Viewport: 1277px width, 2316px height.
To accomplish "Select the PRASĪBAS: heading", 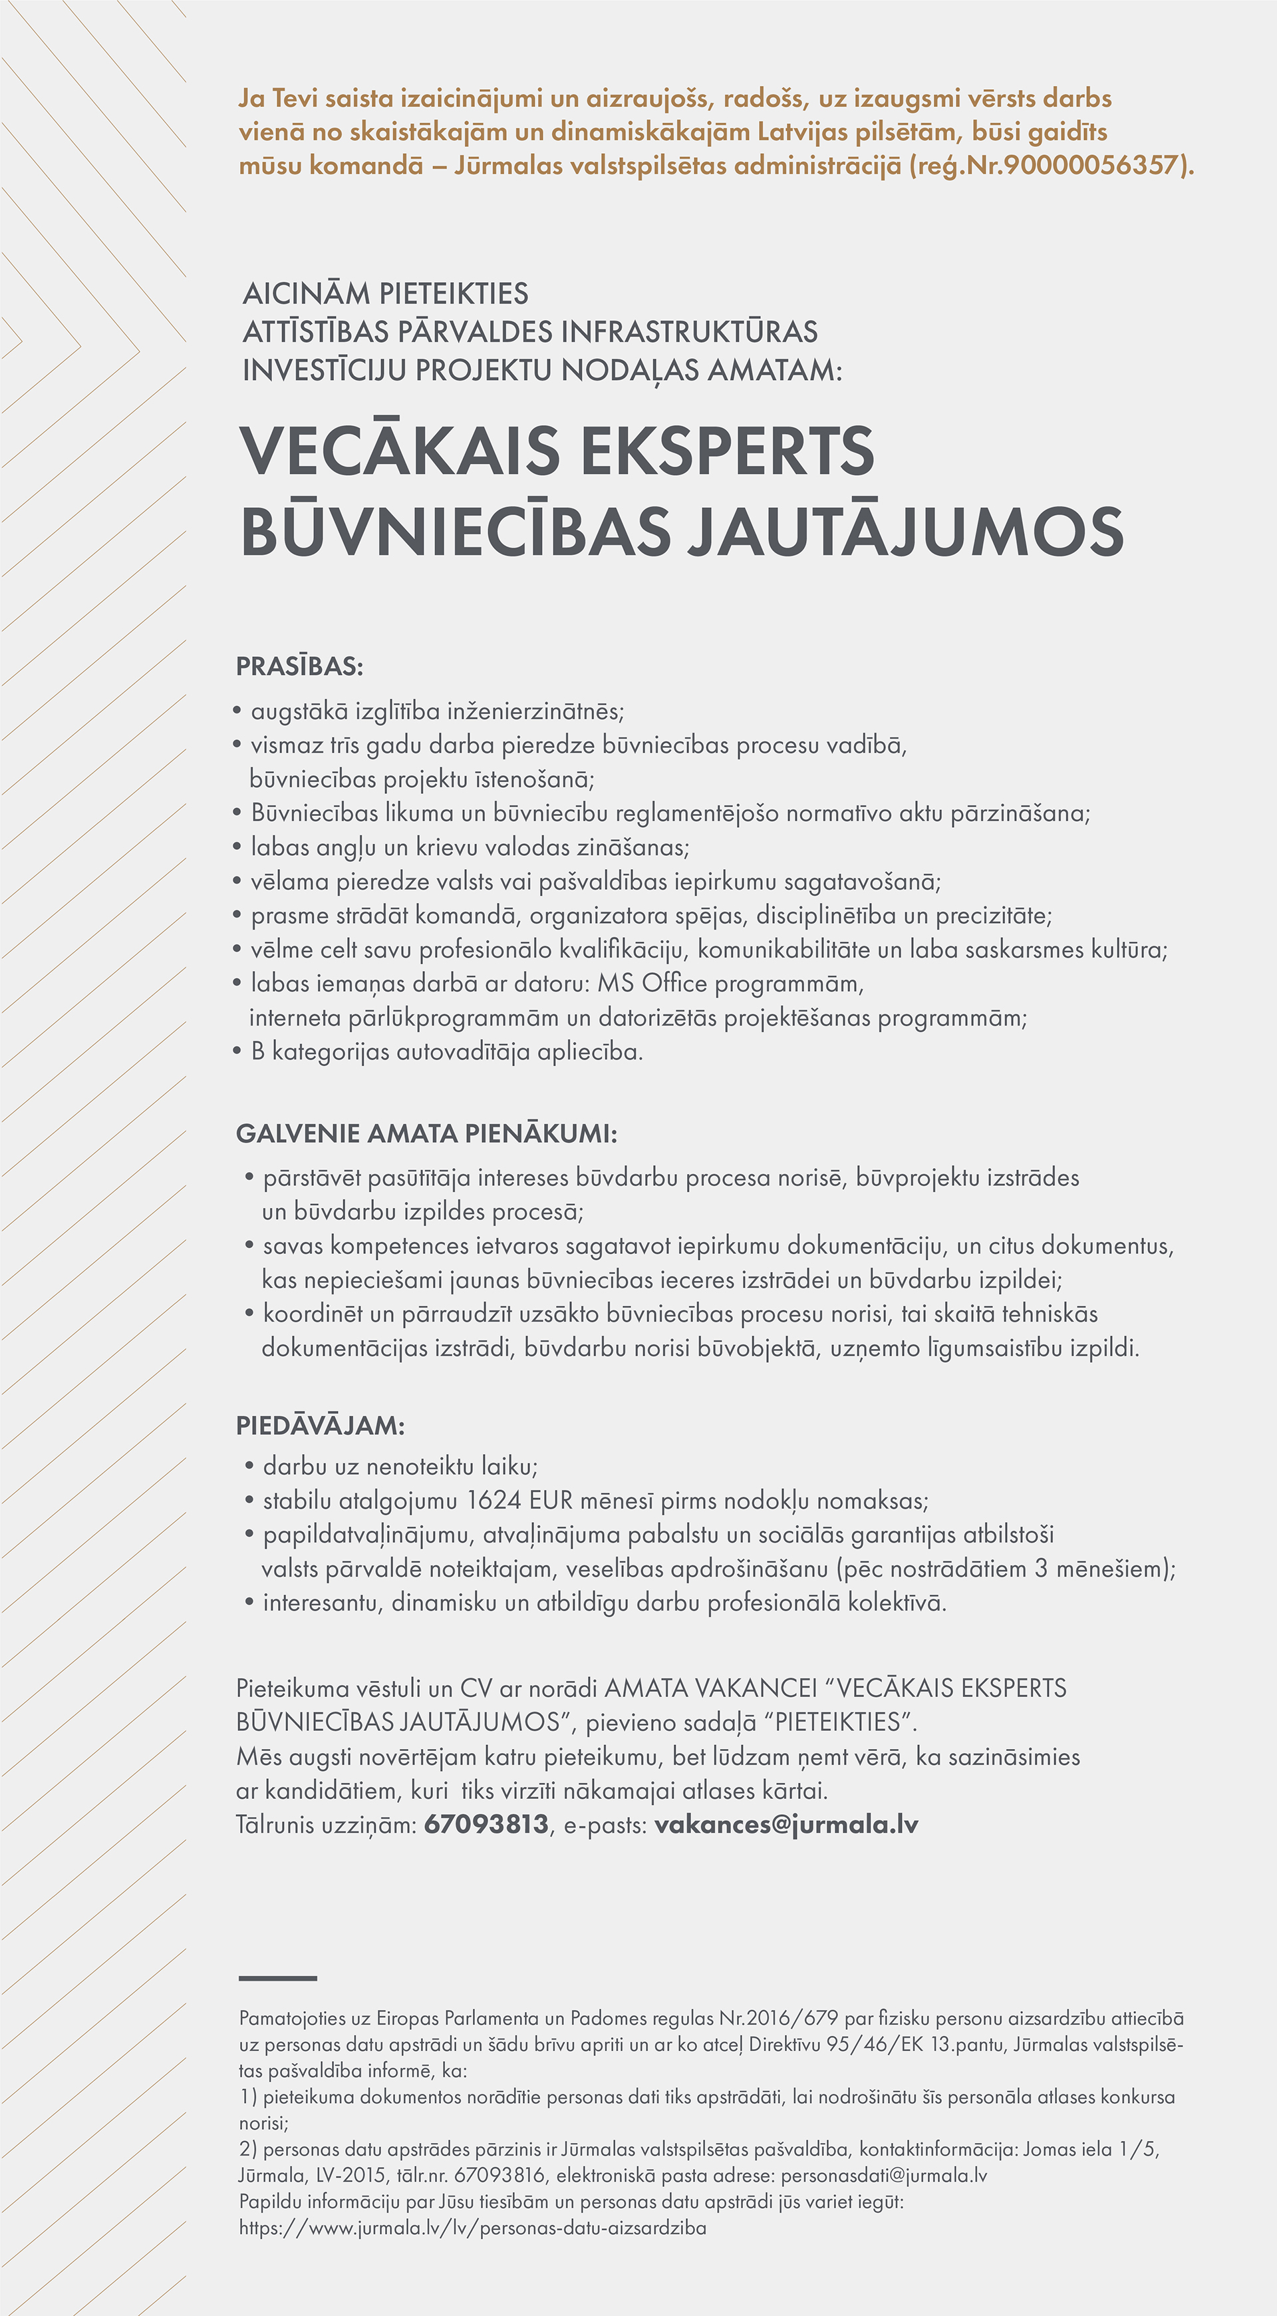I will [x=299, y=667].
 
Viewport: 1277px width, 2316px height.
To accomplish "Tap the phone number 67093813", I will [x=486, y=1824].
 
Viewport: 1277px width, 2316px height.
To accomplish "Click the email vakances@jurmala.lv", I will [x=786, y=1824].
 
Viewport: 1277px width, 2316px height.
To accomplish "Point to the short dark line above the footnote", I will [x=278, y=1979].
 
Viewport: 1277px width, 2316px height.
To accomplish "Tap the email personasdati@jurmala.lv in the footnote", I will [x=885, y=2176].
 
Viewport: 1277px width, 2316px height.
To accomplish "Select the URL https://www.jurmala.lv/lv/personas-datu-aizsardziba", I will [x=473, y=2228].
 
